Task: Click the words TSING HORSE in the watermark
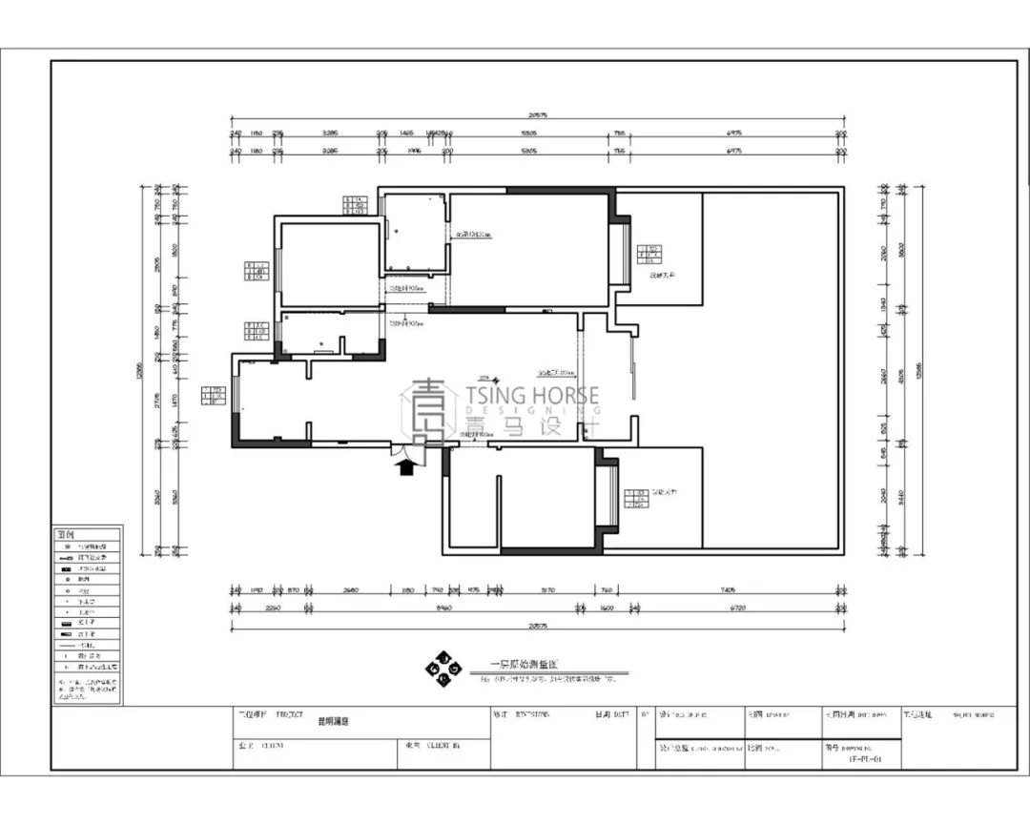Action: (532, 395)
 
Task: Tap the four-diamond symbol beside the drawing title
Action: (443, 669)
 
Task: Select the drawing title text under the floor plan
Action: (516, 664)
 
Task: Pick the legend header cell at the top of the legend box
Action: (87, 535)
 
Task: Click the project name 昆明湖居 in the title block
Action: (333, 723)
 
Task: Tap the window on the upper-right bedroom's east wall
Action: (617, 255)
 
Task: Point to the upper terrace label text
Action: (662, 276)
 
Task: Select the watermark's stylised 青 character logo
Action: (428, 411)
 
